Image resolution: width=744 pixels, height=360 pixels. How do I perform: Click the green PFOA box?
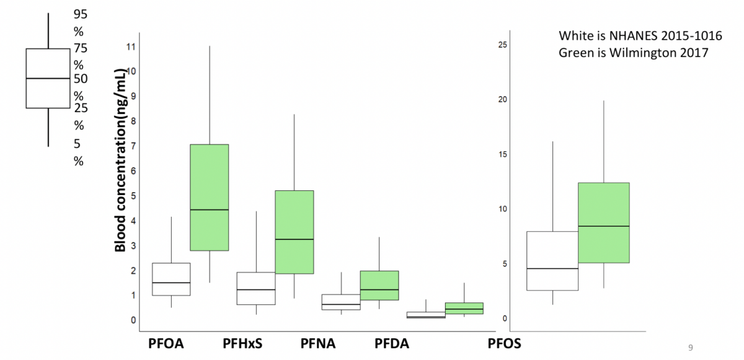[210, 197]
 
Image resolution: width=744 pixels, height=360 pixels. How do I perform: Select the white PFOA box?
[171, 279]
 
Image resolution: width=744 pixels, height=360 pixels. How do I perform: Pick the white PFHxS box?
[256, 288]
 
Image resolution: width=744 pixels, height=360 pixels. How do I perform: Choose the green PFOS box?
[603, 222]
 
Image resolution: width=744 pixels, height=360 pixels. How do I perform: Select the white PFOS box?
[552, 260]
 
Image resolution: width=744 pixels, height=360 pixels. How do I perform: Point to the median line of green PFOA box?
[210, 210]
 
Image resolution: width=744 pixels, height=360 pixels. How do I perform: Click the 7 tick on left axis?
[131, 146]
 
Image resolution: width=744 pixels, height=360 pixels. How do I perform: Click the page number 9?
[691, 347]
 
